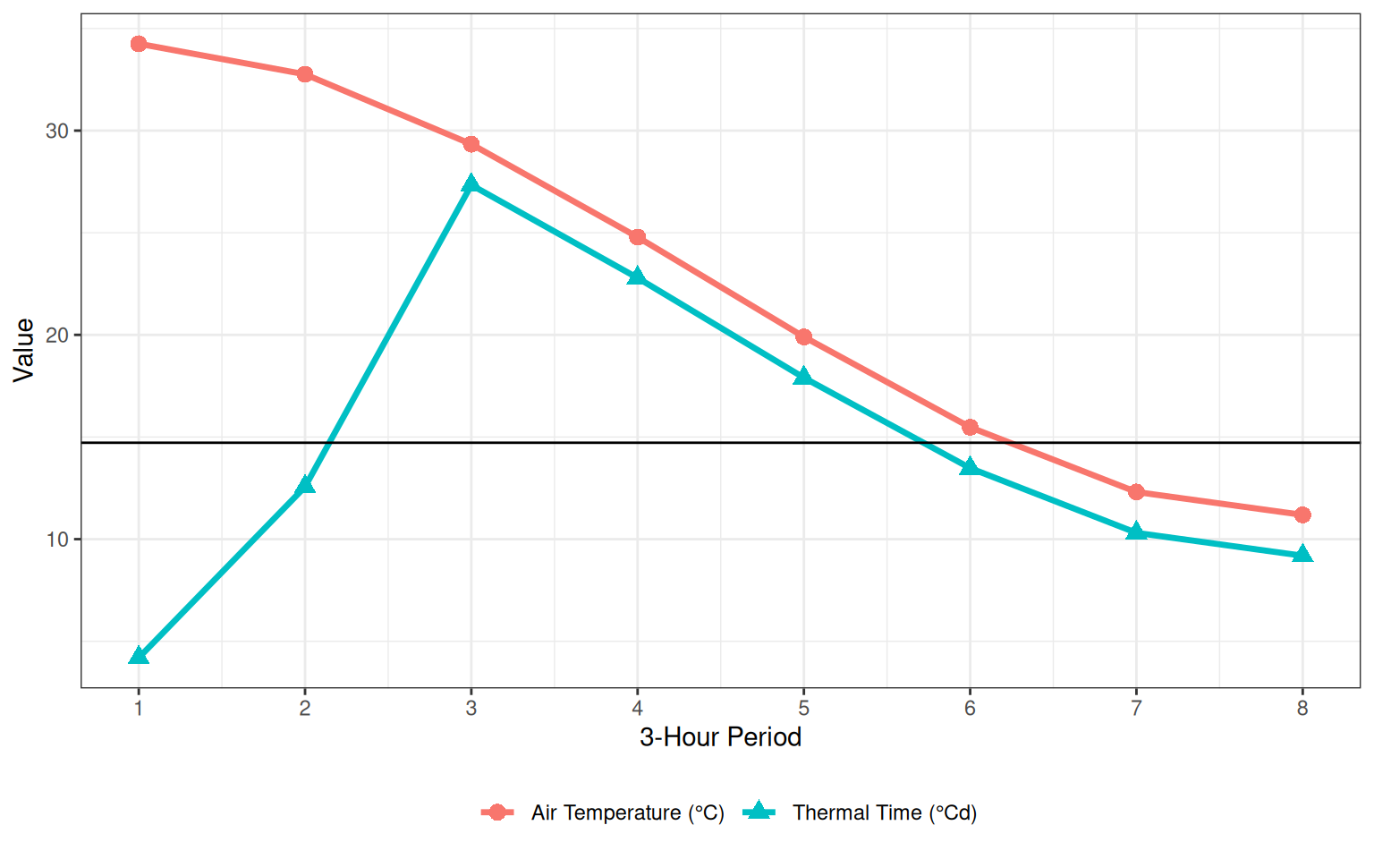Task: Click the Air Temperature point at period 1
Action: click(139, 44)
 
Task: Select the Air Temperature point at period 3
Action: click(471, 144)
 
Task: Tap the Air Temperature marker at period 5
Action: click(803, 336)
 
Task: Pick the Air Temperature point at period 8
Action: click(1302, 515)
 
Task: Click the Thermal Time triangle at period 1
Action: click(139, 657)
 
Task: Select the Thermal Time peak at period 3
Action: click(471, 184)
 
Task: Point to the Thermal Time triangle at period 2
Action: click(305, 485)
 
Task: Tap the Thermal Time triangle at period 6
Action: click(970, 467)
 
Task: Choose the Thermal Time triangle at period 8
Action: click(1302, 555)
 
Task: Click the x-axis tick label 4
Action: click(638, 709)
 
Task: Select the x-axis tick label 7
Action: click(1136, 709)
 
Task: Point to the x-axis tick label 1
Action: click(139, 709)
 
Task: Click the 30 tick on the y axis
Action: click(57, 131)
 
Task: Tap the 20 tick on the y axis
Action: click(57, 336)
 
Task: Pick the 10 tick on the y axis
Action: click(57, 540)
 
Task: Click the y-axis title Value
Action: click(24, 350)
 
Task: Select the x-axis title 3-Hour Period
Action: click(720, 737)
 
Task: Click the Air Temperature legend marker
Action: click(497, 812)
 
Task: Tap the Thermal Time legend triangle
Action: click(759, 812)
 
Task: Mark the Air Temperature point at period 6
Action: click(970, 427)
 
